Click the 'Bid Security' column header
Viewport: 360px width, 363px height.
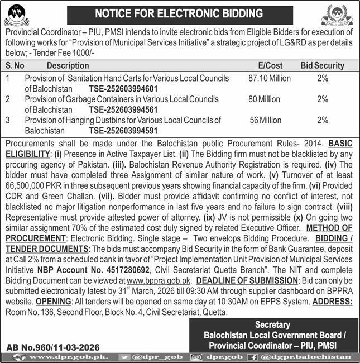point(322,65)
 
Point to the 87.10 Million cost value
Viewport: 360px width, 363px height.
point(270,79)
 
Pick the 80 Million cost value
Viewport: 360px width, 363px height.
point(265,99)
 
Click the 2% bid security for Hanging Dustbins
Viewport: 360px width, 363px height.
point(322,120)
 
